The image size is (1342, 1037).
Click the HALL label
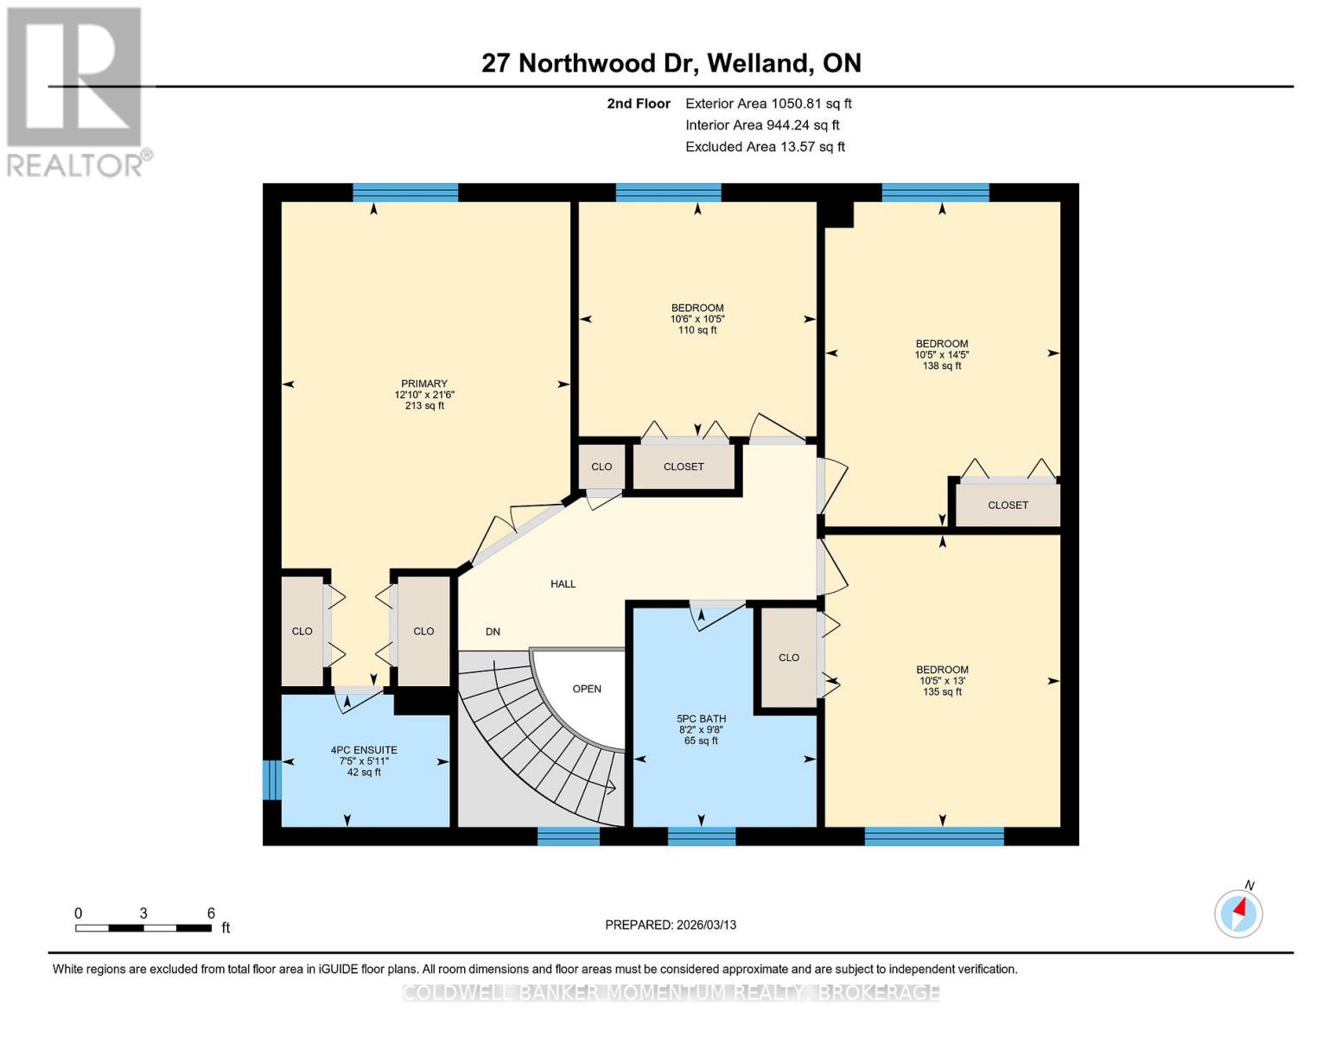[x=563, y=584]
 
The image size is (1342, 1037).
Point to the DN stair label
[x=493, y=632]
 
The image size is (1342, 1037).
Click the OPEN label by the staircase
[x=587, y=689]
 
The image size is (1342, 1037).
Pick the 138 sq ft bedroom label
[x=941, y=354]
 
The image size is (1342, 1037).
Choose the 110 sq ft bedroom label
[x=697, y=319]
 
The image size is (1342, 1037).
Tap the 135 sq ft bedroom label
[x=942, y=680]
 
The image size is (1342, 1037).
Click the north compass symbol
[x=1238, y=912]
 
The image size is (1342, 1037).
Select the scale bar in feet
[x=143, y=928]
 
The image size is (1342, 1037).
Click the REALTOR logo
[x=76, y=91]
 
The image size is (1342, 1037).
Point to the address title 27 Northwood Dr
[x=671, y=63]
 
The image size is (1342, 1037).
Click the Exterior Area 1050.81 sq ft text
[x=768, y=104]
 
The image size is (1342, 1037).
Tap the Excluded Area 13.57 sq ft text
[x=765, y=147]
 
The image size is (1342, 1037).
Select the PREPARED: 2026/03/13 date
[x=671, y=925]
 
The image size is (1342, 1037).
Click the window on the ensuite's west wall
[x=271, y=779]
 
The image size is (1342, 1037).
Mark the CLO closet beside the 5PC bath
[x=788, y=658]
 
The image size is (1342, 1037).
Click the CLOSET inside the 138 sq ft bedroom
[x=1008, y=506]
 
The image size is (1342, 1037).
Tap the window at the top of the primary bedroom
[x=405, y=193]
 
